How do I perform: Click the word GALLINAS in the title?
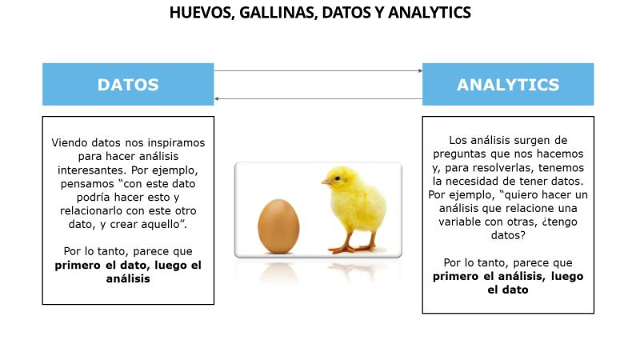(278, 13)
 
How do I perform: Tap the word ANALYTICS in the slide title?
(429, 13)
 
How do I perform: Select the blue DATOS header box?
(128, 85)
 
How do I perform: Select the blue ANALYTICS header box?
(508, 85)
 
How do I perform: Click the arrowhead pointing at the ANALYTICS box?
(421, 71)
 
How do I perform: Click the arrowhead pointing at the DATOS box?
(216, 98)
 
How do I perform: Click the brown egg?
(278, 226)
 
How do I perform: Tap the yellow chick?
(354, 208)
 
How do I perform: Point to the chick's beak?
(326, 182)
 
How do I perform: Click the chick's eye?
(337, 178)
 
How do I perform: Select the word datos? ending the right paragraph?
(508, 235)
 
